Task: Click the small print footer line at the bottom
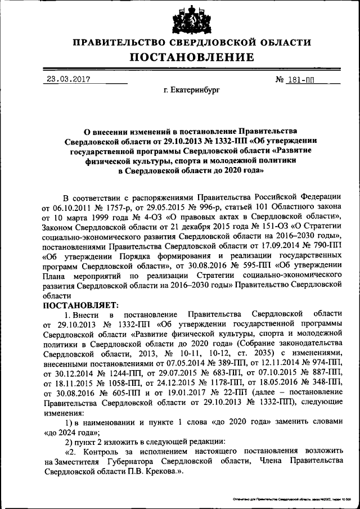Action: click(289, 499)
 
